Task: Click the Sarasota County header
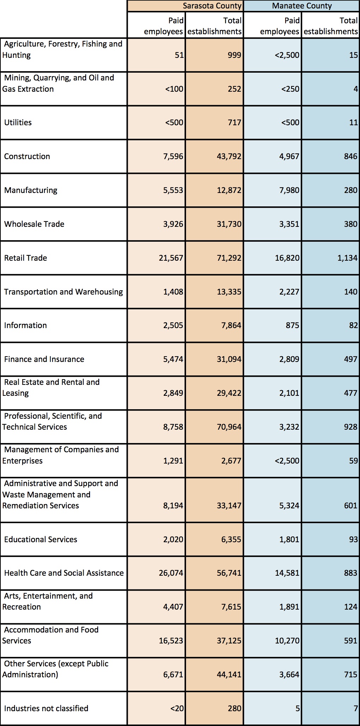[x=212, y=6]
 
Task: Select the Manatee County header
[x=302, y=6]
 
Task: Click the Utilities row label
[x=18, y=122]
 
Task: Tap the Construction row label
[x=27, y=156]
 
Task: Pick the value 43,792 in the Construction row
[x=229, y=156]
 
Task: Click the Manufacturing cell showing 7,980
[x=289, y=190]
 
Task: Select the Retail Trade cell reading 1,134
[x=347, y=258]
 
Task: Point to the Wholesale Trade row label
[x=34, y=224]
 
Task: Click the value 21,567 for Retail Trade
[x=171, y=258]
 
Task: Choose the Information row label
[x=25, y=325]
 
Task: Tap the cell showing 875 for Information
[x=293, y=325]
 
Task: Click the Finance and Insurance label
[x=44, y=359]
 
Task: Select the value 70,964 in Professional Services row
[x=229, y=427]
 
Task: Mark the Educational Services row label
[x=41, y=539]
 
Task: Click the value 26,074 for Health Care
[x=171, y=573]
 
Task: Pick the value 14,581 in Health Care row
[x=287, y=573]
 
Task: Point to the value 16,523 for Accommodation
[x=171, y=640]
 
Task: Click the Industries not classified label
[x=46, y=708]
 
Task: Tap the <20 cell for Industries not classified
[x=177, y=708]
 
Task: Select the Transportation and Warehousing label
[x=64, y=292]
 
